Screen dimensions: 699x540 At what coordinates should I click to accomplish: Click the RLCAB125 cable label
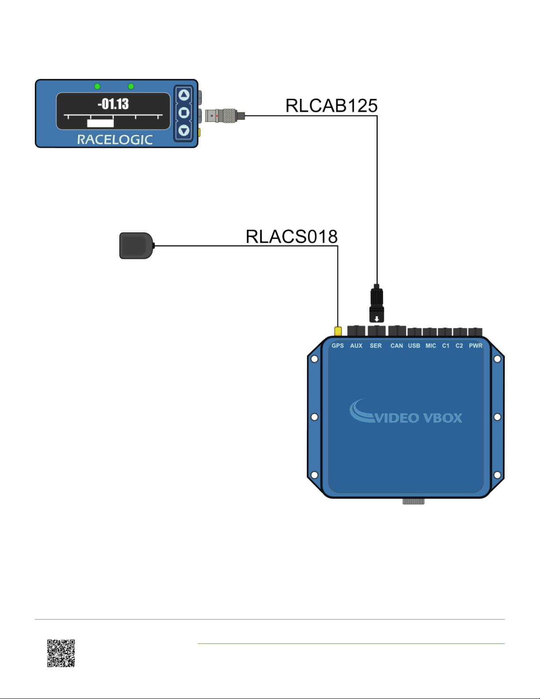tap(331, 106)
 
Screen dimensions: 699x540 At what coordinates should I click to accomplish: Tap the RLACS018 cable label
tap(291, 237)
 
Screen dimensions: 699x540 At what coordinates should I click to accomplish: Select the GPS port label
tap(338, 346)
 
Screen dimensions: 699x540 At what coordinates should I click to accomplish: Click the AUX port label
tap(356, 346)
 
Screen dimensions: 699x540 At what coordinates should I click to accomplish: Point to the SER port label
tap(376, 346)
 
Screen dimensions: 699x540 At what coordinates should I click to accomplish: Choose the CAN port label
tap(397, 346)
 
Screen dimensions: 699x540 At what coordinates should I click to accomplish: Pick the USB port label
tap(414, 346)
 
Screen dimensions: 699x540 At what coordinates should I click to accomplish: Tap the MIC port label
tap(431, 346)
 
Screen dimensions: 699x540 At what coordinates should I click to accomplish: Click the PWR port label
tap(476, 346)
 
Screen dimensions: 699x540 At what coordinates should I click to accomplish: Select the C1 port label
tap(446, 346)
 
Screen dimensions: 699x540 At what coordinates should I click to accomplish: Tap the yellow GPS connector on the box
tap(338, 331)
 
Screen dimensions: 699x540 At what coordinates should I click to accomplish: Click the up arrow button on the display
tap(184, 95)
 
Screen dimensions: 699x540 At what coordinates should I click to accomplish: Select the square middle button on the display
tap(184, 113)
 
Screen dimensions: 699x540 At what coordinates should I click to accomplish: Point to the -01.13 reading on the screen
tap(113, 104)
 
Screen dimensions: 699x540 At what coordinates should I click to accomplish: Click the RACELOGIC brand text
tap(115, 140)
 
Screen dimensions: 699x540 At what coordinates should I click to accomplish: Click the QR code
tap(61, 653)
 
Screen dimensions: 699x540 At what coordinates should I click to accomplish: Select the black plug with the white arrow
tap(376, 305)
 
